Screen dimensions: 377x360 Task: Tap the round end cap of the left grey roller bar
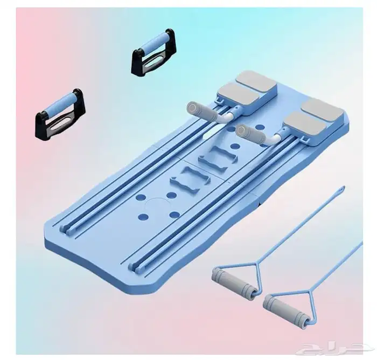pyautogui.click(x=192, y=107)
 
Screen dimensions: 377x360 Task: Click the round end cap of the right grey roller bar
pyautogui.click(x=241, y=130)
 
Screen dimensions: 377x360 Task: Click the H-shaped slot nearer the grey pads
pyautogui.click(x=218, y=157)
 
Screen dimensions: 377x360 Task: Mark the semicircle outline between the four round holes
pyautogui.click(x=157, y=202)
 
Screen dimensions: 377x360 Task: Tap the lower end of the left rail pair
pyautogui.click(x=65, y=229)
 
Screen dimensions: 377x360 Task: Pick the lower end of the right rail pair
pyautogui.click(x=135, y=268)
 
